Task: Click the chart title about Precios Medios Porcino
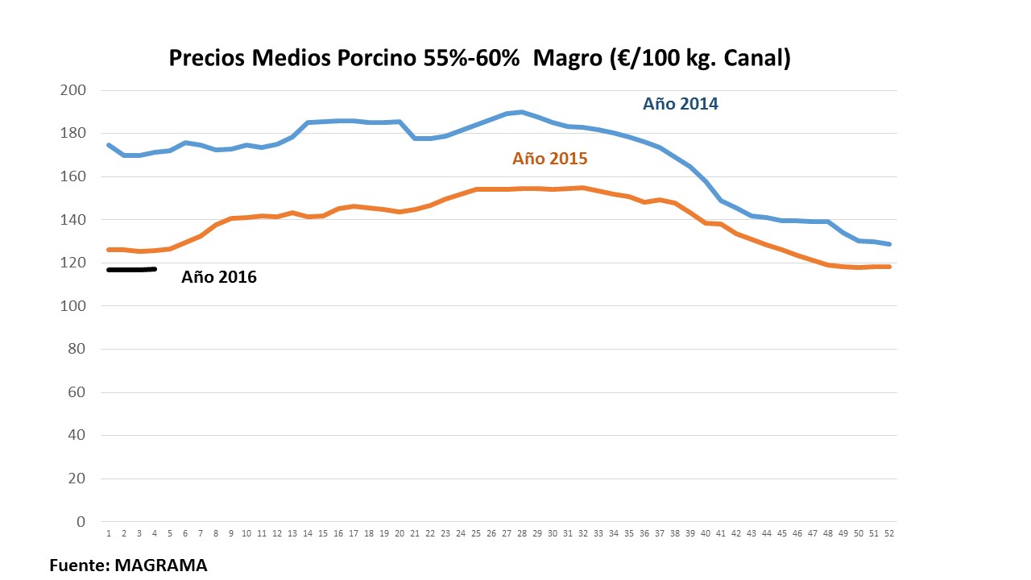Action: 479,58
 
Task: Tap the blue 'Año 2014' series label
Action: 680,104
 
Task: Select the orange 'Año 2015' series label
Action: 549,159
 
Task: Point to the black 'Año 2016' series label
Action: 218,277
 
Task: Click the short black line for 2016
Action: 131,269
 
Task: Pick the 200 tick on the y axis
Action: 72,90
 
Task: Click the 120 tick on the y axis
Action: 72,263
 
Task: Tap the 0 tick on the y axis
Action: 80,521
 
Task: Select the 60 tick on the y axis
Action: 76,392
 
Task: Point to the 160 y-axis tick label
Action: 72,176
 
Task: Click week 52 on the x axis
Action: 889,533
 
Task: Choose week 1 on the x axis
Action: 108,533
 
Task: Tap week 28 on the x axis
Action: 522,533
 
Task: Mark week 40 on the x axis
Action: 706,533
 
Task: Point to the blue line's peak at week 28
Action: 522,112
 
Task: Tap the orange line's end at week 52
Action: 889,267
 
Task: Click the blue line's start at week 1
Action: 109,145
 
